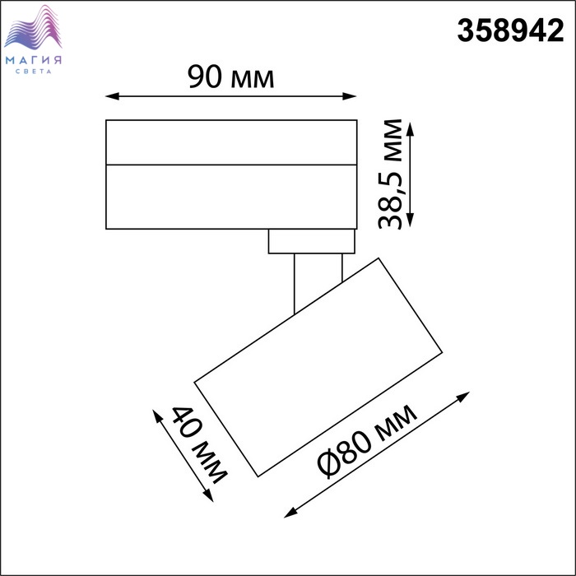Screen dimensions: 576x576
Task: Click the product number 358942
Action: pyautogui.click(x=510, y=31)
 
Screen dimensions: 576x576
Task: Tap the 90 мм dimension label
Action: pyautogui.click(x=230, y=77)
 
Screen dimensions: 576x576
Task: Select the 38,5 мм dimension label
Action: pyautogui.click(x=390, y=174)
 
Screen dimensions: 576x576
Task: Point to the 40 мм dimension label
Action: pyautogui.click(x=199, y=445)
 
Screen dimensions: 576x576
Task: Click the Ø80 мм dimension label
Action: pyautogui.click(x=367, y=441)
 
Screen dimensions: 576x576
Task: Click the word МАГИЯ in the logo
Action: pyautogui.click(x=34, y=60)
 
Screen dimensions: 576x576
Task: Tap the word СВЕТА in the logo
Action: pyautogui.click(x=34, y=72)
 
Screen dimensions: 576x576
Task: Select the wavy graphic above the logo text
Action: pyautogui.click(x=33, y=27)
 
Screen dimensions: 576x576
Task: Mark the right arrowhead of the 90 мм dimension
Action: pyautogui.click(x=350, y=96)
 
